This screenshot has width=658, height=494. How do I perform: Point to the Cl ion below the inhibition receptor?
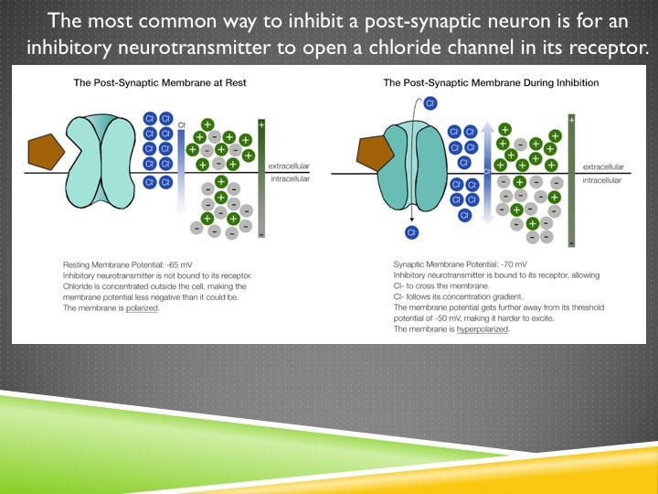[x=413, y=232]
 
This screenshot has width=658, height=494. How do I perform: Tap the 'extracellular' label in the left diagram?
[x=291, y=166]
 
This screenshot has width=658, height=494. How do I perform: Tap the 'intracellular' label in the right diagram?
[x=603, y=180]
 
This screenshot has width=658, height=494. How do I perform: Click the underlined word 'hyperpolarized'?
[x=483, y=329]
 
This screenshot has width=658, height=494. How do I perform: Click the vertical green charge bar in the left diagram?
[x=261, y=178]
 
